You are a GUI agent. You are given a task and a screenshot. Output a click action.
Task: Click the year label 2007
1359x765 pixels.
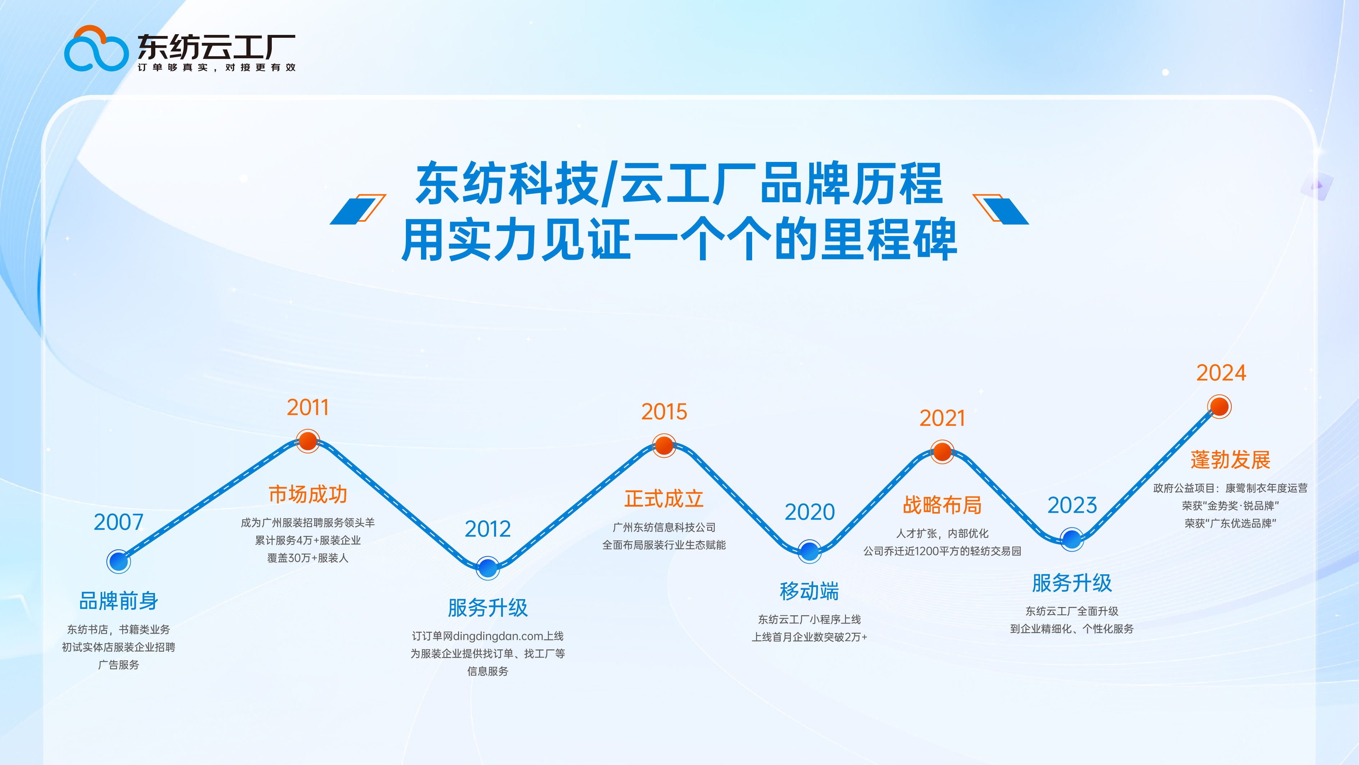click(119, 522)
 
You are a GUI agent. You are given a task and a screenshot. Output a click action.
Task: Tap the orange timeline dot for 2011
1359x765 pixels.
click(307, 441)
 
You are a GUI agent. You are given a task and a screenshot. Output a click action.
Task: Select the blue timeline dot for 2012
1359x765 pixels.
click(488, 568)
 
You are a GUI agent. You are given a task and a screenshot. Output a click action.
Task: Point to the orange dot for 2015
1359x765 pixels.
click(664, 445)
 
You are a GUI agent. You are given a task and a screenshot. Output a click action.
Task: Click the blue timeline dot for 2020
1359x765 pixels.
click(809, 551)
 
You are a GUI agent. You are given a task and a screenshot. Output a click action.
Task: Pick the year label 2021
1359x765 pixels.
click(942, 418)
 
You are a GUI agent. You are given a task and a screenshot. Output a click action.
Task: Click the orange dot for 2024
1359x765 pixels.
click(1219, 407)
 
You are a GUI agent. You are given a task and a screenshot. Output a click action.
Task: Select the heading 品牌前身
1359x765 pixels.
click(119, 601)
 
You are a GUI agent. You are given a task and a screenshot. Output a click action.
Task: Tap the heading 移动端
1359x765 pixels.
click(809, 591)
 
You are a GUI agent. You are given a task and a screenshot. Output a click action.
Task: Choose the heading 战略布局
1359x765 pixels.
click(942, 505)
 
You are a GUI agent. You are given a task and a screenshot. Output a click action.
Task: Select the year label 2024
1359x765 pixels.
click(1221, 373)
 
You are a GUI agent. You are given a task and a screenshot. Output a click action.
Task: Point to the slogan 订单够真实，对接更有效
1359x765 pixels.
click(216, 68)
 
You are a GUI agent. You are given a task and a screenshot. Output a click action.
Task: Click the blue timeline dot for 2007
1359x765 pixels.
click(119, 561)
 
